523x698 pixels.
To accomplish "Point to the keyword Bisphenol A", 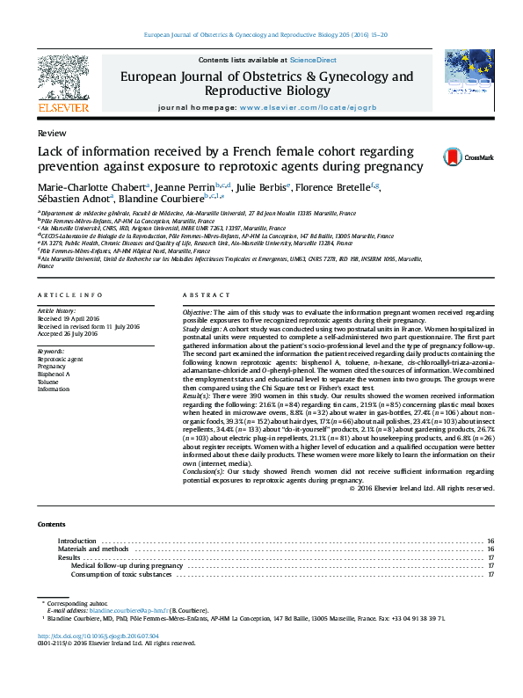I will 54,374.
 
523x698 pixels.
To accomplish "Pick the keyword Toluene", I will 49,382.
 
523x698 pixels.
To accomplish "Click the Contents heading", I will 51,524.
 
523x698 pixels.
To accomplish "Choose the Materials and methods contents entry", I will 92,549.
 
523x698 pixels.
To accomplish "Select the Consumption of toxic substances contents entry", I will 121,574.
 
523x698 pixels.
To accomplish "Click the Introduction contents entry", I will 76,541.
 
